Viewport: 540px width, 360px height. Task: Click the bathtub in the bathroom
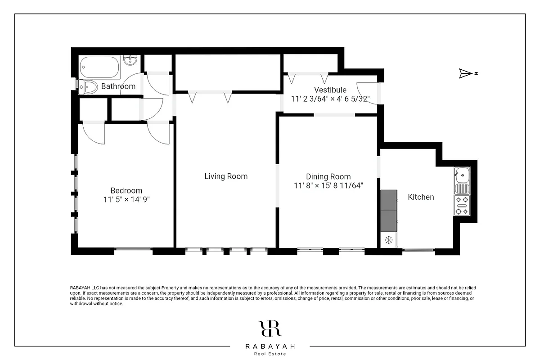point(100,67)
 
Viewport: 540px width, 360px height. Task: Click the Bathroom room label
point(118,86)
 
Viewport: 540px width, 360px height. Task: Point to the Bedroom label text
point(126,190)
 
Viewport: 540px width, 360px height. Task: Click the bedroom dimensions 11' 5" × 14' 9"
point(126,199)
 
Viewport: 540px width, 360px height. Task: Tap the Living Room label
point(226,176)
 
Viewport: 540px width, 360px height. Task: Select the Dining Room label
point(328,176)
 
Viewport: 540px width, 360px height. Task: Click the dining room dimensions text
point(328,185)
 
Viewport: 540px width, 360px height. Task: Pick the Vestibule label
point(330,90)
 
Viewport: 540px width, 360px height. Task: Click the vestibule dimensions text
point(330,99)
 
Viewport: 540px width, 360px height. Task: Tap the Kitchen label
point(421,197)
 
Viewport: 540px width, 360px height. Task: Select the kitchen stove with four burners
point(462,205)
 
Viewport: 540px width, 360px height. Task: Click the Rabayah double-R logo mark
point(270,328)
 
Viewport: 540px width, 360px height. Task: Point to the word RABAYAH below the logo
point(270,346)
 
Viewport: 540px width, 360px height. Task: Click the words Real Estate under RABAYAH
point(270,354)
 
